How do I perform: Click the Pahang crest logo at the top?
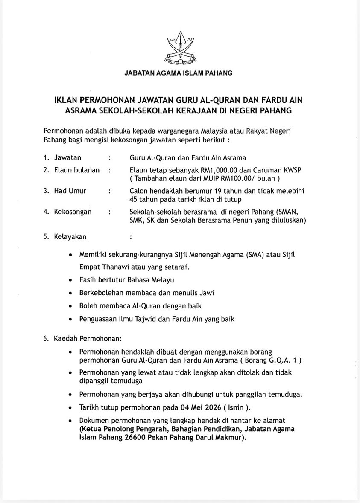[x=180, y=49]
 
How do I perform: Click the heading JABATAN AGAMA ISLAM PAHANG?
[x=179, y=73]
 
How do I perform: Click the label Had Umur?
[x=70, y=191]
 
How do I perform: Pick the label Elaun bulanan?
[x=76, y=170]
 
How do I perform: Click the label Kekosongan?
[x=73, y=212]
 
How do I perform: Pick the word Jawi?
[x=205, y=293]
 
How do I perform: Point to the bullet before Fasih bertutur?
[x=70, y=280]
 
